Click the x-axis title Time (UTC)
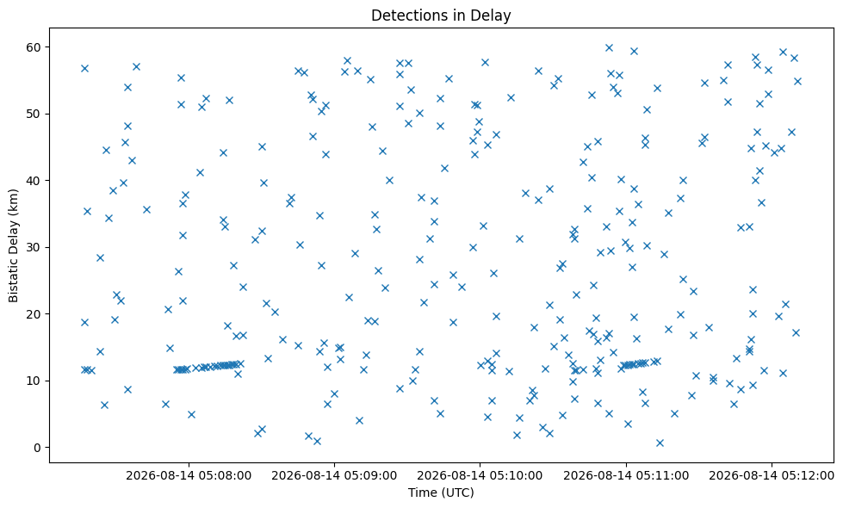(x=441, y=493)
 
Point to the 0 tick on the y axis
(x=38, y=448)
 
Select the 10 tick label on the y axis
(x=34, y=381)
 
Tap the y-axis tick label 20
(x=34, y=314)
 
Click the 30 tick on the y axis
(x=34, y=247)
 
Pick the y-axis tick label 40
(x=34, y=181)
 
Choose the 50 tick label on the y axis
(x=34, y=114)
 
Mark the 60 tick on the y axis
(x=34, y=47)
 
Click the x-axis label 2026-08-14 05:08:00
(x=189, y=476)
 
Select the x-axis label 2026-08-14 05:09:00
(x=334, y=476)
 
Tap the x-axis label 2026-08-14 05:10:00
(x=480, y=476)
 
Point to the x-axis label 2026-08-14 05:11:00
(x=626, y=476)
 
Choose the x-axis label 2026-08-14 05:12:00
(x=772, y=476)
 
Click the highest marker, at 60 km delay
(x=609, y=48)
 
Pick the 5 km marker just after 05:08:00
(x=191, y=414)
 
